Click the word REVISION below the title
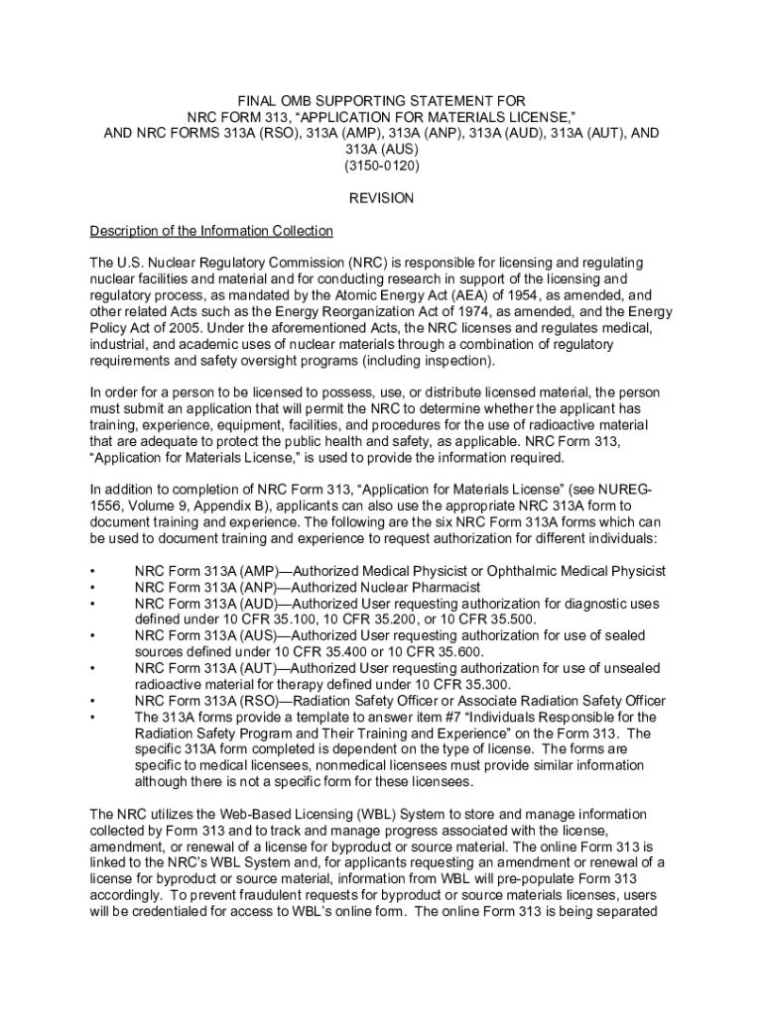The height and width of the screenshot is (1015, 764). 381,198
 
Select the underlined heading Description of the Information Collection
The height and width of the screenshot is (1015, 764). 211,231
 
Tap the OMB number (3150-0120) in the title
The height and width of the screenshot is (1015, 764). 382,166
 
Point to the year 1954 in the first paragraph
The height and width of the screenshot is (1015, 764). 534,294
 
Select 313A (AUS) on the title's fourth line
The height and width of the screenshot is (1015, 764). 382,150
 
